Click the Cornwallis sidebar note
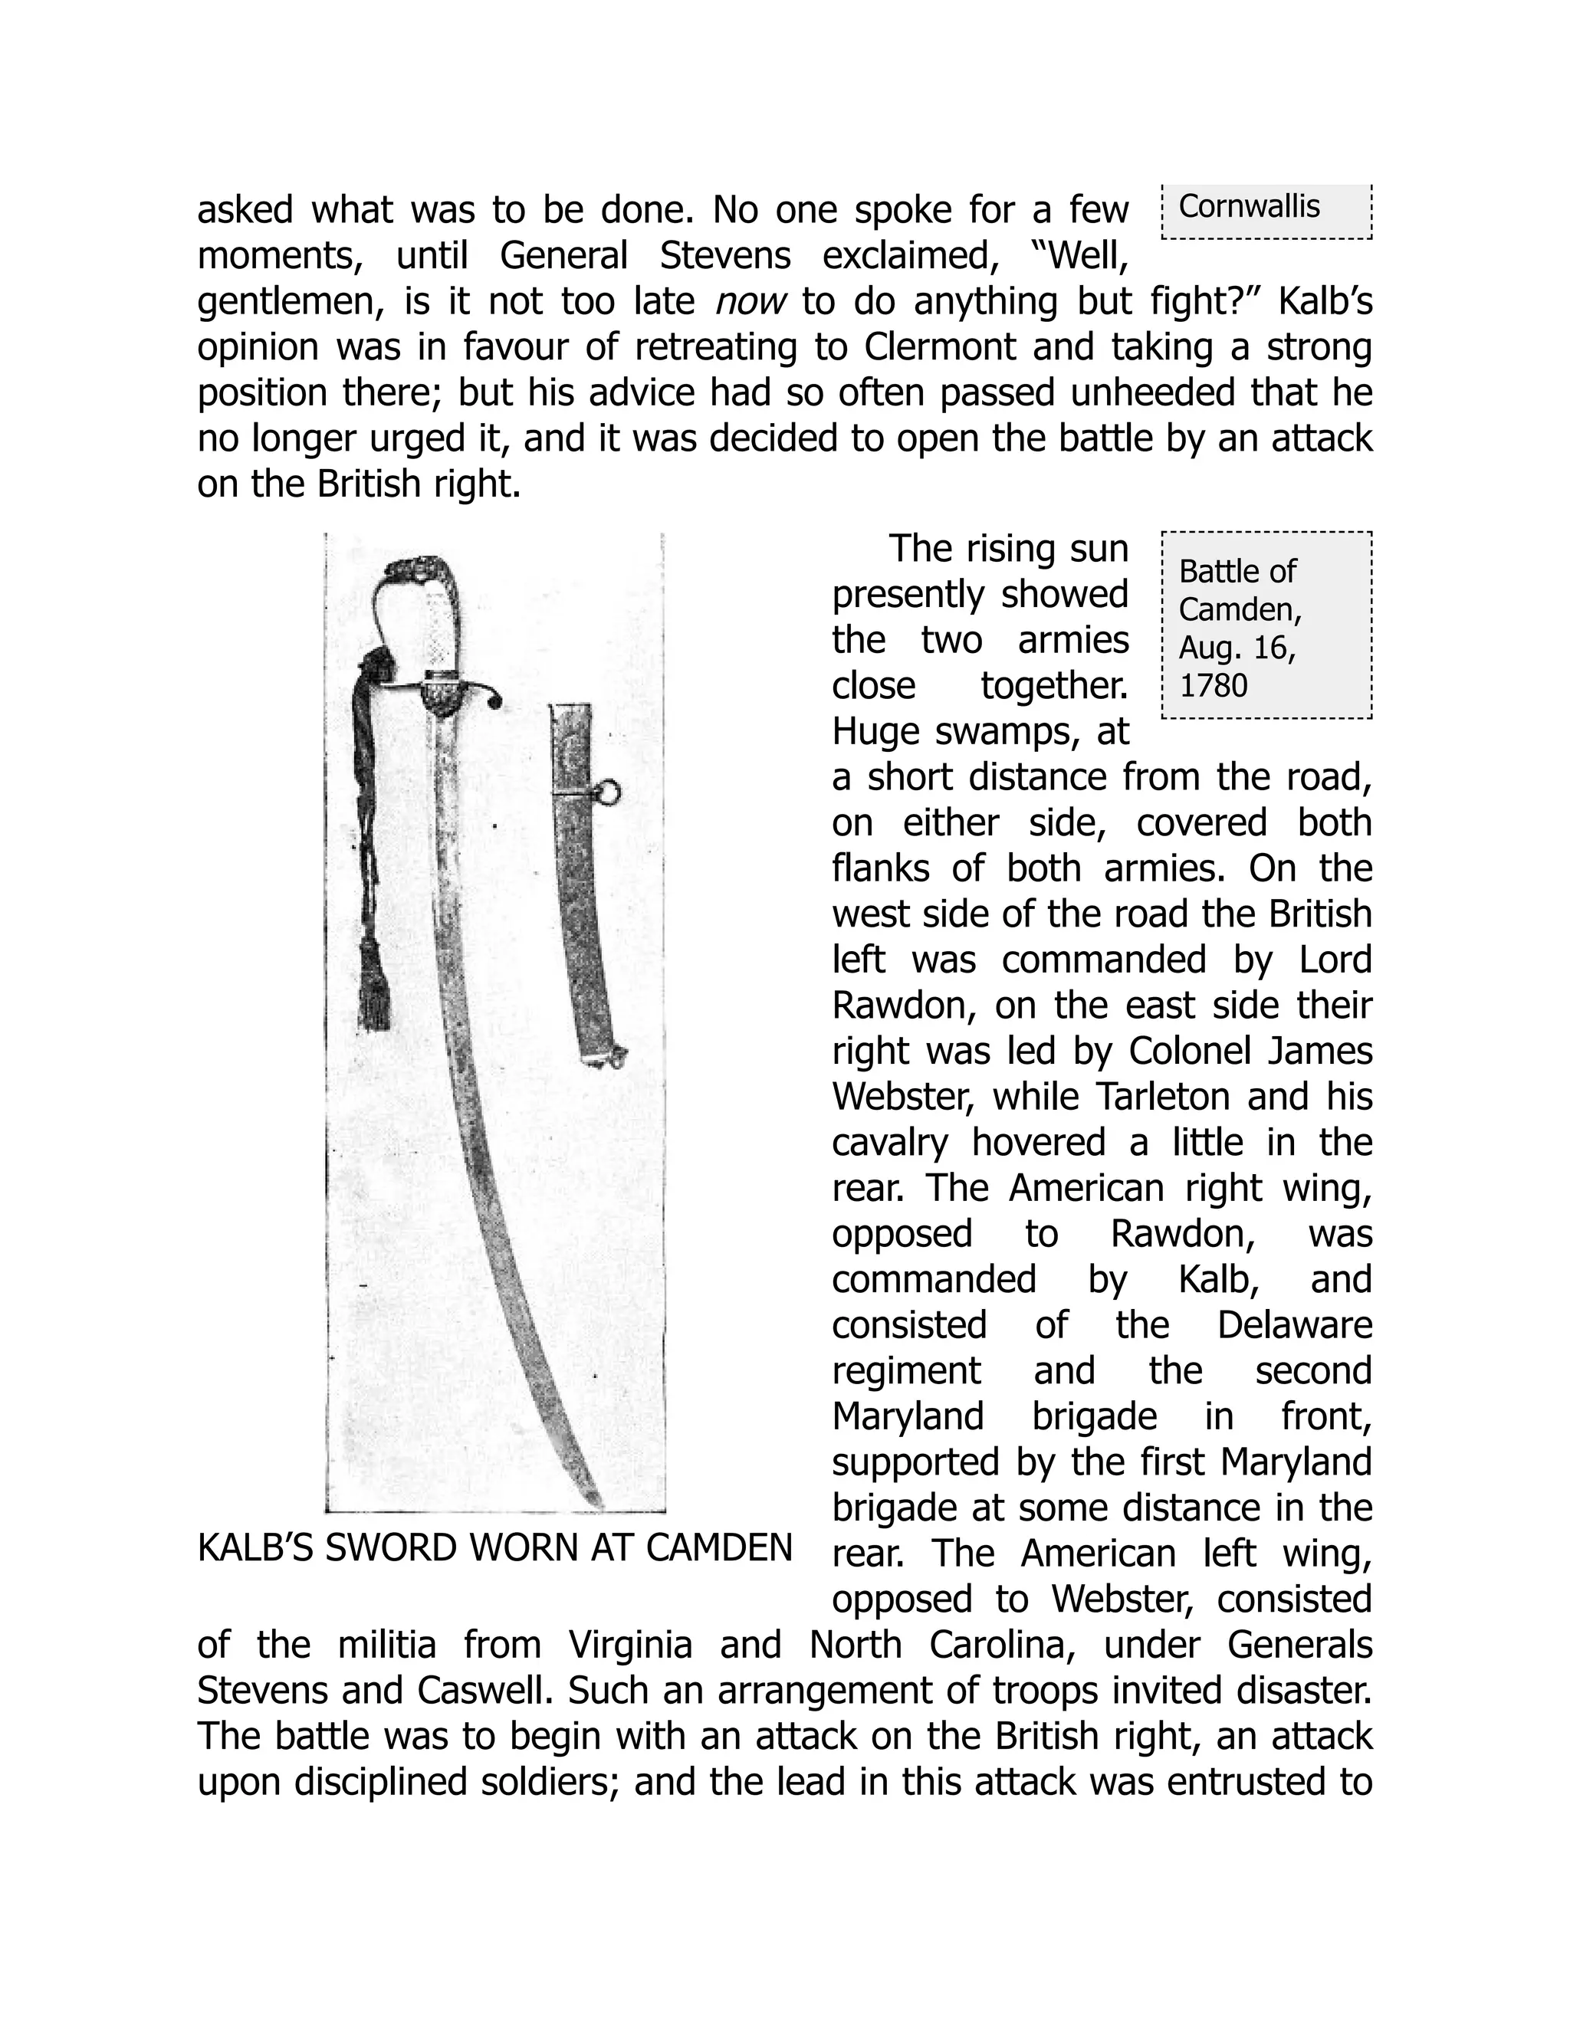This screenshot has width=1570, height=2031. (x=1248, y=206)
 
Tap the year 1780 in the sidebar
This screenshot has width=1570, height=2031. (x=1213, y=685)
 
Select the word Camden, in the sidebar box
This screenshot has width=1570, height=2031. (x=1240, y=609)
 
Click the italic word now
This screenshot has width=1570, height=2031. (x=751, y=301)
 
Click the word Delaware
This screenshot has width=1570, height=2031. (x=1294, y=1325)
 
